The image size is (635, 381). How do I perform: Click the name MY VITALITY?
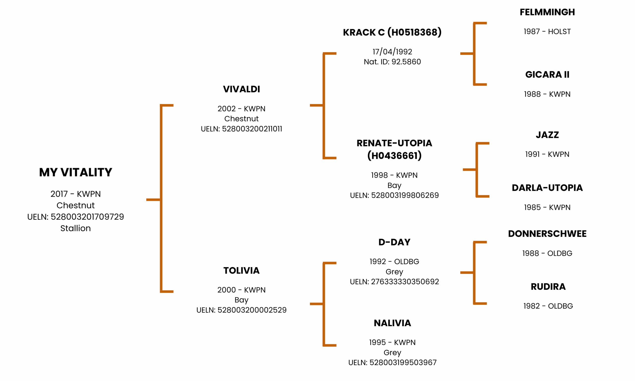pos(75,172)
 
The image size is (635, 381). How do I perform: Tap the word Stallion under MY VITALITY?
pos(75,228)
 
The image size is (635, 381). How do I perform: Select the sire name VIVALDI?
pos(241,89)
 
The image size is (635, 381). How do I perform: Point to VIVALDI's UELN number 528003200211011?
pos(252,129)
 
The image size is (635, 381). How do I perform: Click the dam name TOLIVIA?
pos(241,270)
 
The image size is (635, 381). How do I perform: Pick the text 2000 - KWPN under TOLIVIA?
pos(241,290)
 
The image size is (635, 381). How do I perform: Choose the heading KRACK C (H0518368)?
pos(392,32)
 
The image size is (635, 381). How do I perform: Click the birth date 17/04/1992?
pos(392,52)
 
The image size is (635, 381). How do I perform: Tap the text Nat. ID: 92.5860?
pos(392,62)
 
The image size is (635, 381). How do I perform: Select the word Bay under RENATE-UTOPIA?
pos(394,185)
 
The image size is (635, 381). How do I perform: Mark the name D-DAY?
pos(394,242)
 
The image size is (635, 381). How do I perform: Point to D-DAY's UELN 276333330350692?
pos(405,282)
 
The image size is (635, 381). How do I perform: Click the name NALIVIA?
pos(392,323)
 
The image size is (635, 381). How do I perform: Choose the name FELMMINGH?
pos(547,12)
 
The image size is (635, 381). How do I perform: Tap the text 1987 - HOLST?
pos(547,32)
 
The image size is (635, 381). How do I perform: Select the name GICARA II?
pos(547,74)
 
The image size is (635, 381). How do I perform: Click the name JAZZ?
pos(547,135)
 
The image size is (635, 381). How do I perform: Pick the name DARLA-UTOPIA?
pos(547,188)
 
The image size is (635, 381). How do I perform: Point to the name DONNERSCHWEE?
pos(547,234)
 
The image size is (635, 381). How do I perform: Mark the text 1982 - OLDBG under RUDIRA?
pos(548,306)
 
